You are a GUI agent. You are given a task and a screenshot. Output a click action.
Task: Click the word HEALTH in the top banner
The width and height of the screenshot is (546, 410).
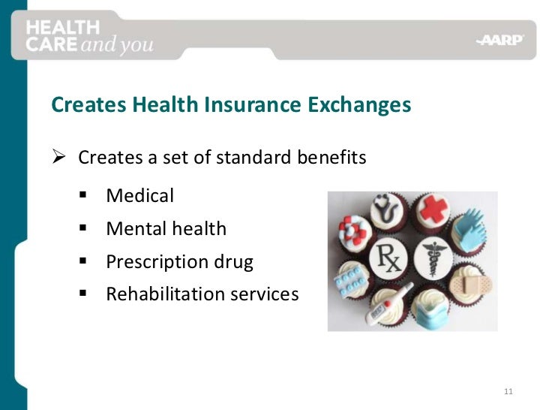63,27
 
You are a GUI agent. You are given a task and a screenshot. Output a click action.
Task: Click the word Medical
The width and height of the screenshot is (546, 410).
139,196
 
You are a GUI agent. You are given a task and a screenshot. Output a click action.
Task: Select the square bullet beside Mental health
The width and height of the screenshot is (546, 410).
82,228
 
